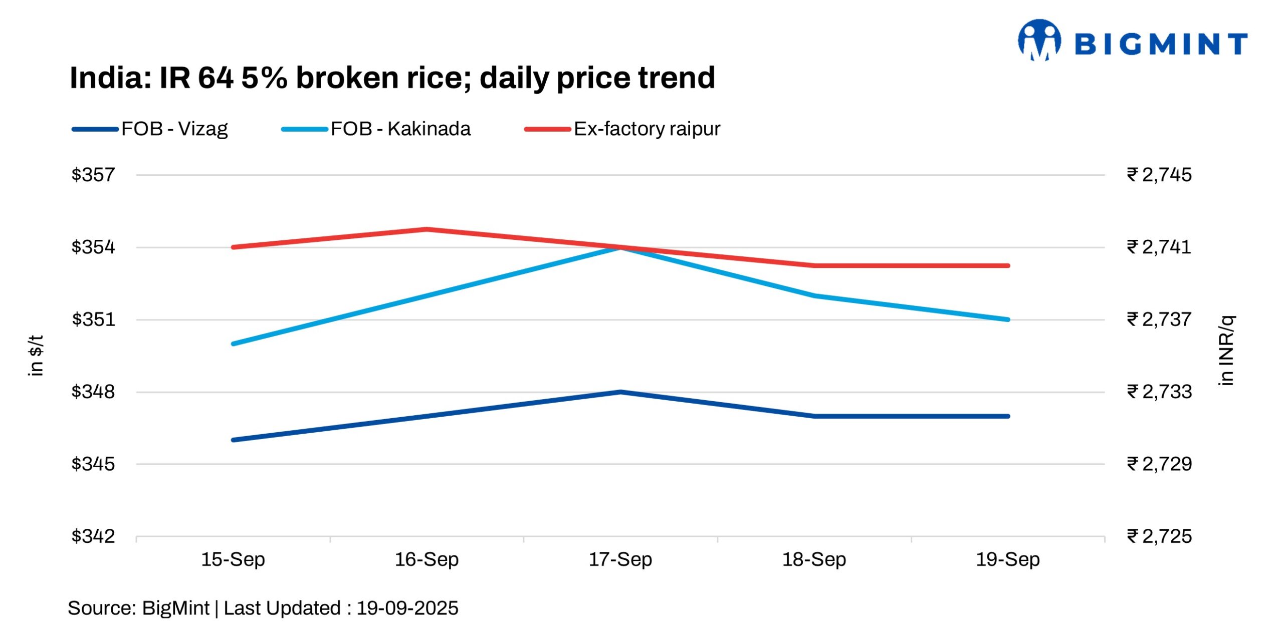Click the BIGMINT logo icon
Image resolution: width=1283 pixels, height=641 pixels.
pyautogui.click(x=1039, y=40)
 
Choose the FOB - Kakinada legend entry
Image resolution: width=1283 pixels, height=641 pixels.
pyautogui.click(x=376, y=129)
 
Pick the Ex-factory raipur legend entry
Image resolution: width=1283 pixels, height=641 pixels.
pyautogui.click(x=622, y=129)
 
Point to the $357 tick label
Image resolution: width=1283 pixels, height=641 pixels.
pyautogui.click(x=93, y=175)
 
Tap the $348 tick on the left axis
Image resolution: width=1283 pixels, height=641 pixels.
pyautogui.click(x=93, y=392)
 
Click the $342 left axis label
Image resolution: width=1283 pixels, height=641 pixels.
pyautogui.click(x=93, y=536)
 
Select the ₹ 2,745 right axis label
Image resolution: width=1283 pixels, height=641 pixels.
pyautogui.click(x=1159, y=175)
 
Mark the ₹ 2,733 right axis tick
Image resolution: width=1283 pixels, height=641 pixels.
pyautogui.click(x=1159, y=392)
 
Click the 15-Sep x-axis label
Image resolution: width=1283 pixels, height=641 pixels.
pyautogui.click(x=233, y=559)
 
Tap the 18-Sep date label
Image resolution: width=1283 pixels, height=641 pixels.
pyautogui.click(x=814, y=559)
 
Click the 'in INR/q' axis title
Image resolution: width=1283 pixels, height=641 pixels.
pyautogui.click(x=1226, y=351)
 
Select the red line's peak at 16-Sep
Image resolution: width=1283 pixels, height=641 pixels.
pyautogui.click(x=426, y=229)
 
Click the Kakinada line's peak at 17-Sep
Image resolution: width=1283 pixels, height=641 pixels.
pyautogui.click(x=620, y=247)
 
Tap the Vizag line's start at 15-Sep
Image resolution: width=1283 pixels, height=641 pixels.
pyautogui.click(x=234, y=440)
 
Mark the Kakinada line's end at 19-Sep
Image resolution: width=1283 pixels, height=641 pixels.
pyautogui.click(x=1008, y=319)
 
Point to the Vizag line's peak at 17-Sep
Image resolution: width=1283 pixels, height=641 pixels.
pyautogui.click(x=620, y=392)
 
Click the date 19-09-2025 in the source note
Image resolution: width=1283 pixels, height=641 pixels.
pyautogui.click(x=407, y=608)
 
